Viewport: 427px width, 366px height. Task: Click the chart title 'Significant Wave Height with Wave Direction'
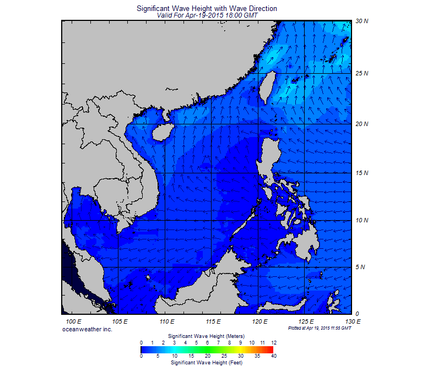(x=207, y=9)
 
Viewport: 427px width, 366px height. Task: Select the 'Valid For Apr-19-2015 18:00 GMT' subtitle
(x=207, y=15)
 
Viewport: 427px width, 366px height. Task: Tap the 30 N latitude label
(x=361, y=21)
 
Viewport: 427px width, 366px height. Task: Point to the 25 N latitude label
(x=361, y=73)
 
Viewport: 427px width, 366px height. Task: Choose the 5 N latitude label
(x=361, y=267)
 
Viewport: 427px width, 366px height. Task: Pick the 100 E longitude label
(x=74, y=321)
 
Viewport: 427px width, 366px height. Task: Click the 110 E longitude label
(x=167, y=321)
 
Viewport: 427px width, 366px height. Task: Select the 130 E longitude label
(x=353, y=321)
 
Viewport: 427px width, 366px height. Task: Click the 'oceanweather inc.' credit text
(x=87, y=329)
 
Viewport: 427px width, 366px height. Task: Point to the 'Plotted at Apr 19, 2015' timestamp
(x=320, y=328)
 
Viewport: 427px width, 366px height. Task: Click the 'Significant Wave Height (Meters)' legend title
(x=207, y=335)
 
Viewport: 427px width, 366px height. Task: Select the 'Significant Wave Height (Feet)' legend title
(x=207, y=363)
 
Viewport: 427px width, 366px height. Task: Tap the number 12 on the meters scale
(x=273, y=342)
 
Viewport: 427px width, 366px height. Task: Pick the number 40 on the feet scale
(x=273, y=356)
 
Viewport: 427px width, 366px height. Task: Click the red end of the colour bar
(x=271, y=349)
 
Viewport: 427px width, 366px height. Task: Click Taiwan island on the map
(x=269, y=85)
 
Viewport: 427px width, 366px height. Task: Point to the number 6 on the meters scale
(x=207, y=342)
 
